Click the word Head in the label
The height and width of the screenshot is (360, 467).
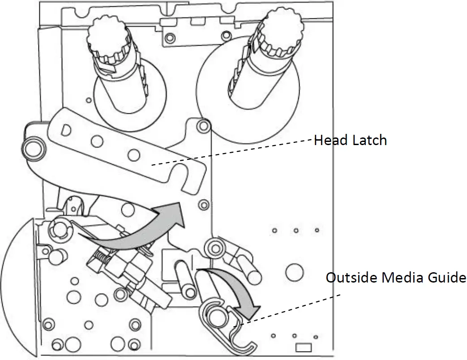pyautogui.click(x=330, y=141)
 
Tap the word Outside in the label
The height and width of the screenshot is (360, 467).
pyautogui.click(x=351, y=278)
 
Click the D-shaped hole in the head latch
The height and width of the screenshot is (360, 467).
pyautogui.click(x=65, y=131)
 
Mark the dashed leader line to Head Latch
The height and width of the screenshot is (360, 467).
pyautogui.click(x=233, y=152)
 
